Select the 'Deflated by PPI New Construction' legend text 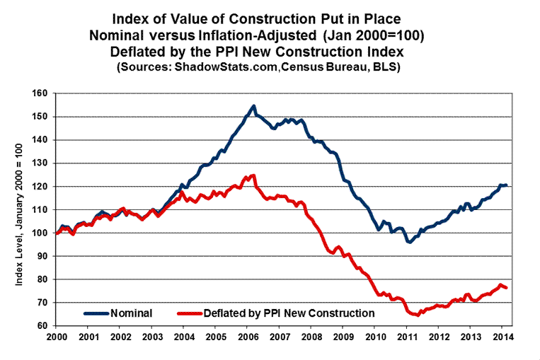(x=289, y=312)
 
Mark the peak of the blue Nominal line (x=253, y=106)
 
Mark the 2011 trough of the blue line (x=408, y=242)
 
